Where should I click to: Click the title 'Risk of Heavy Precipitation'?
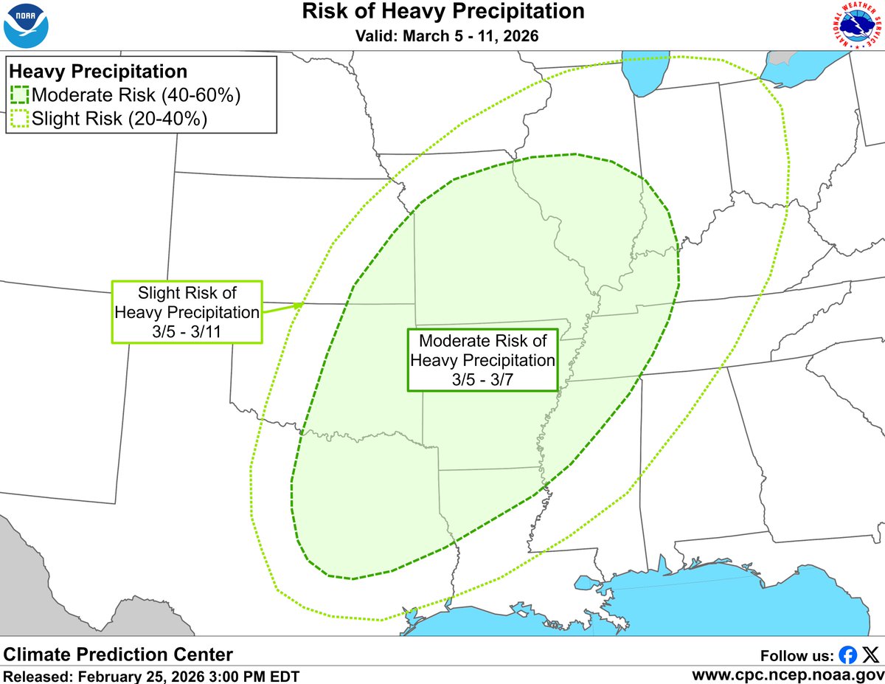[x=443, y=12]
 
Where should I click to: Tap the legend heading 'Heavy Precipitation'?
[x=97, y=72]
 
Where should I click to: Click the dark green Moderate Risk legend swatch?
[x=19, y=95]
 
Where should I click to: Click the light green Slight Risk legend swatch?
[x=19, y=118]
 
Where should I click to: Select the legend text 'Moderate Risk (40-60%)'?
[x=136, y=95]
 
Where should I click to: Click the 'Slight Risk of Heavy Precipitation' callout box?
[x=187, y=311]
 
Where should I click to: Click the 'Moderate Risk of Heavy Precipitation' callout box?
[x=482, y=360]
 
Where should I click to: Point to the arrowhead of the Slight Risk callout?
[x=300, y=304]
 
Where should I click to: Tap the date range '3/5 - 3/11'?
[x=187, y=331]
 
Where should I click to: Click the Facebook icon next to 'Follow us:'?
[x=848, y=654]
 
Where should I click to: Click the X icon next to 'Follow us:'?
[x=871, y=654]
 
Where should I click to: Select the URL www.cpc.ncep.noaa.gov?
[x=788, y=674]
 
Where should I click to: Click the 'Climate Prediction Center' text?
[x=118, y=654]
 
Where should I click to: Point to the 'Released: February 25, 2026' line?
[x=151, y=675]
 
